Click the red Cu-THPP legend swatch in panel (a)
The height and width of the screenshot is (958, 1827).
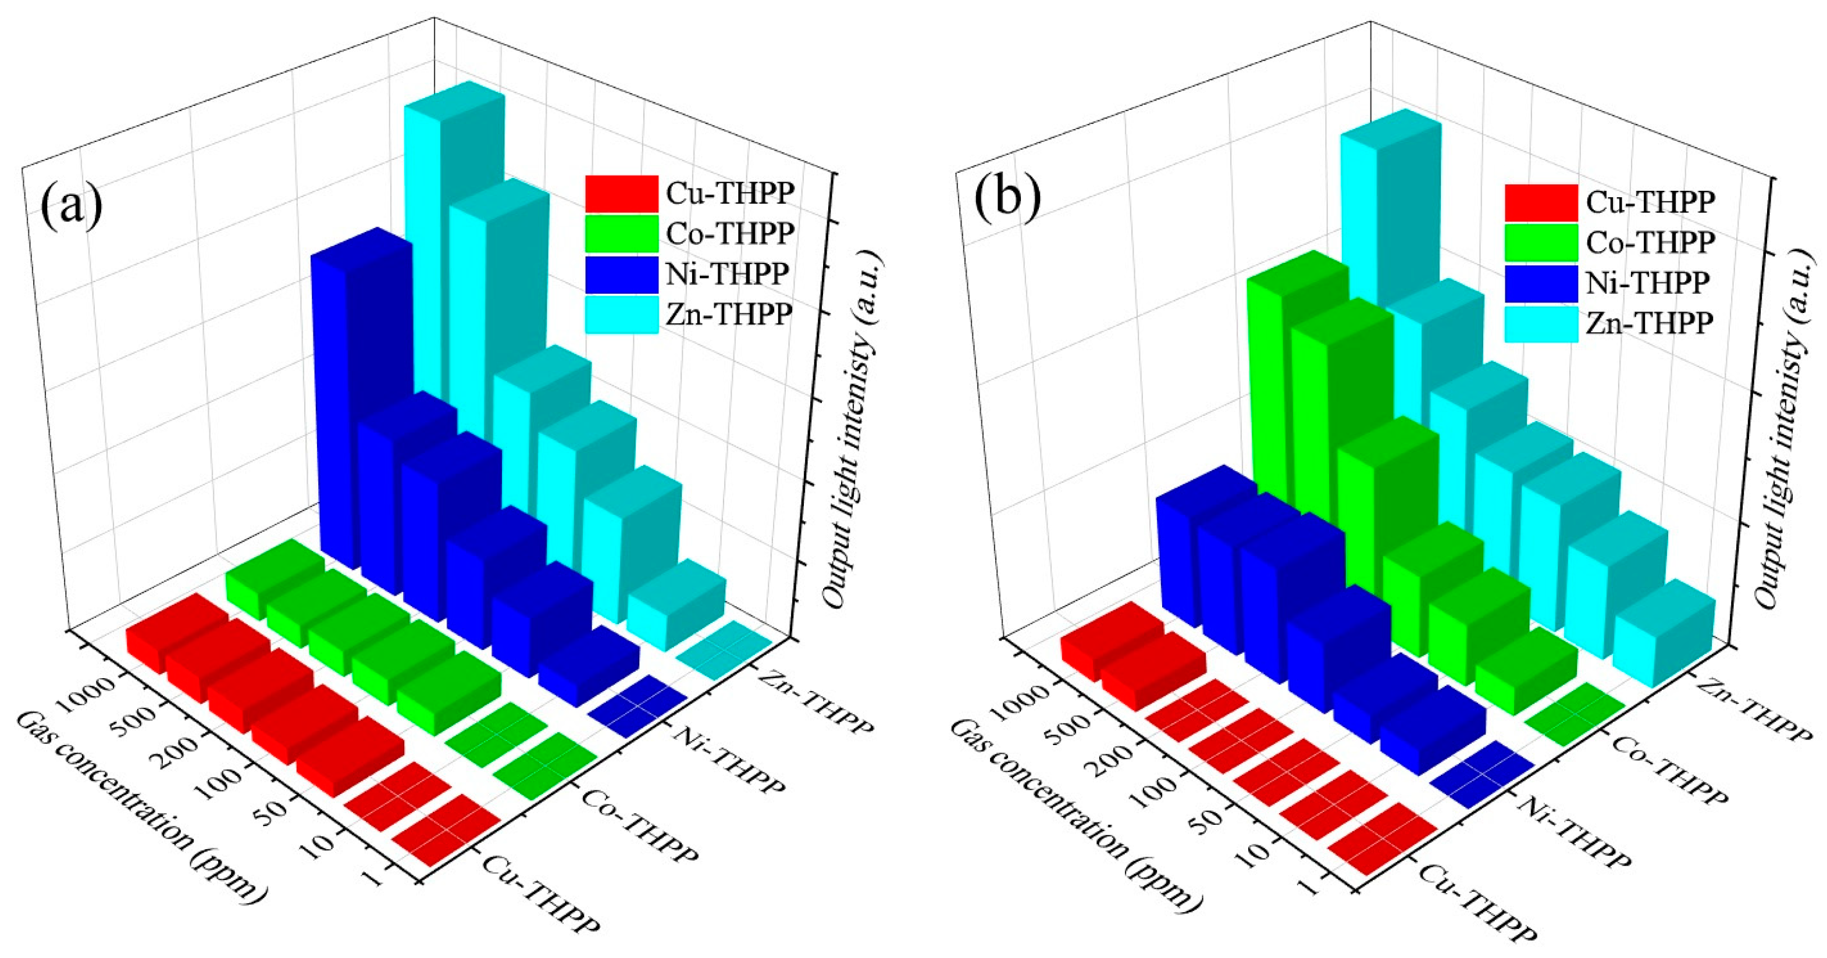[621, 193]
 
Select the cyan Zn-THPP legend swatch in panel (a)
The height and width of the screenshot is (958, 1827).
[621, 314]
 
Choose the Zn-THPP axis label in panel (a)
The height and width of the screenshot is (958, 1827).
[815, 702]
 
